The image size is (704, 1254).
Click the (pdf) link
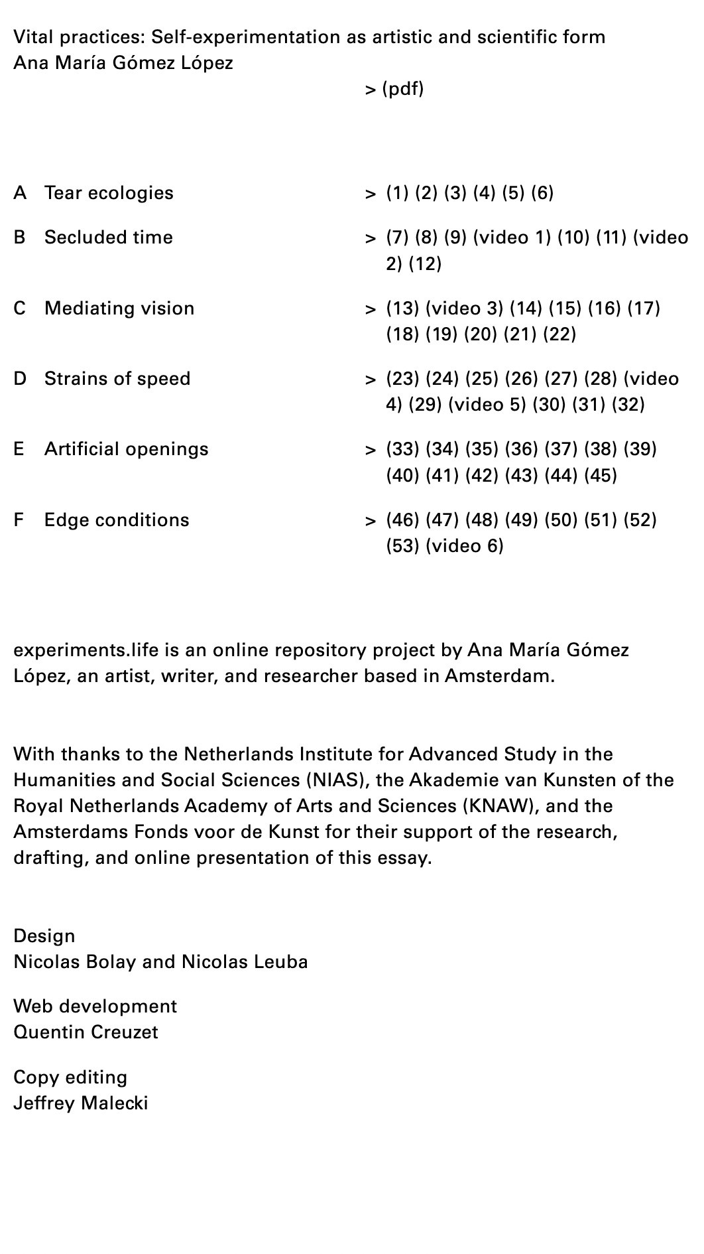click(402, 89)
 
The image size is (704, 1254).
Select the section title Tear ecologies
click(109, 193)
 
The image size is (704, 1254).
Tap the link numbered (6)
click(542, 193)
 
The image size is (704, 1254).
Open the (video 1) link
click(512, 238)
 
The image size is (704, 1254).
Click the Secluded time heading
click(108, 238)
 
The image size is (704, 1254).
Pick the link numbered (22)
click(559, 334)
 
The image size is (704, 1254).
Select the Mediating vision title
click(119, 309)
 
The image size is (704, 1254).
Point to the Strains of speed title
click(117, 379)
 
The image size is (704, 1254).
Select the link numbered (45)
click(601, 476)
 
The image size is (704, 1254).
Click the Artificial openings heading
click(126, 449)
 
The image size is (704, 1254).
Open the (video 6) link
click(464, 546)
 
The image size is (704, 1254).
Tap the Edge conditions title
click(117, 520)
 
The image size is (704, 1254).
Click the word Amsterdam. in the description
click(499, 676)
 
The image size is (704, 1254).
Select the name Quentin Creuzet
click(86, 1032)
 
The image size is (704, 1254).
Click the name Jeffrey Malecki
click(80, 1103)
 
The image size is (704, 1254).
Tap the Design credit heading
click(44, 936)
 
